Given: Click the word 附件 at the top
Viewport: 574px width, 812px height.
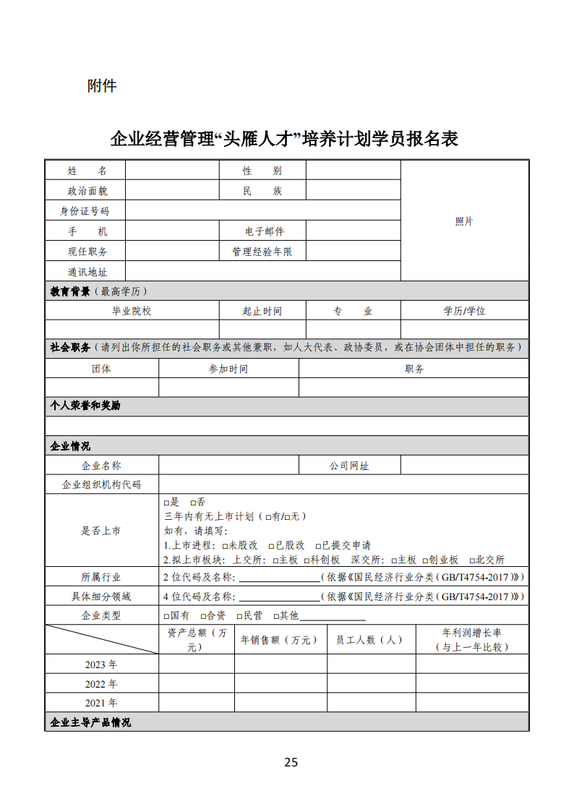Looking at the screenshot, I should [102, 86].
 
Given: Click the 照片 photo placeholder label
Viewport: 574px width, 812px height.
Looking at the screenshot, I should [464, 221].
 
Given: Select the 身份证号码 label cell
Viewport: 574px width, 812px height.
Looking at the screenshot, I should [85, 211].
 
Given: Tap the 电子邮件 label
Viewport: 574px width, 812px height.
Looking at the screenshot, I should [264, 231].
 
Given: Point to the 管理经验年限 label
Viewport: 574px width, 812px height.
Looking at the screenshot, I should [262, 252].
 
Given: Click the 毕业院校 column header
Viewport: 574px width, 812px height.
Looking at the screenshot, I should [132, 311].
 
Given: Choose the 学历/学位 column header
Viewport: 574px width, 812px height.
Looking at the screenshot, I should [464, 311].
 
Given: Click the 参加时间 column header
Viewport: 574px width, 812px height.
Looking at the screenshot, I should [228, 369].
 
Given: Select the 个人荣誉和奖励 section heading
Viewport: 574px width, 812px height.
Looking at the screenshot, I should [85, 406].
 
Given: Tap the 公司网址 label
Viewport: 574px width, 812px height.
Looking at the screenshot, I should [349, 466].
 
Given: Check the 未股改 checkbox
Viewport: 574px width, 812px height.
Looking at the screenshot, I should [225, 546].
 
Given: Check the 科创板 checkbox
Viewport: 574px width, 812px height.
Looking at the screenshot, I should [307, 560].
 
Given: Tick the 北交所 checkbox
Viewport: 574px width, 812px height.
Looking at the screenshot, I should [472, 560].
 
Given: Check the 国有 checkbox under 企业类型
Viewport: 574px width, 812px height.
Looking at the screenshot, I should [167, 616].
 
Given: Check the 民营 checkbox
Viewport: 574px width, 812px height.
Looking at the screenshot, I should [239, 616].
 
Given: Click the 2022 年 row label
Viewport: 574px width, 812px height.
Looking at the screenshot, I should [101, 684].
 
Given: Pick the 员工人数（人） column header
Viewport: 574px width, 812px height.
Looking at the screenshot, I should [370, 640].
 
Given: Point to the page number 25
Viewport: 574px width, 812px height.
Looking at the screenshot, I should [291, 762].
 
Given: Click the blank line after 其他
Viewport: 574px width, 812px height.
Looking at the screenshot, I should [333, 617].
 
